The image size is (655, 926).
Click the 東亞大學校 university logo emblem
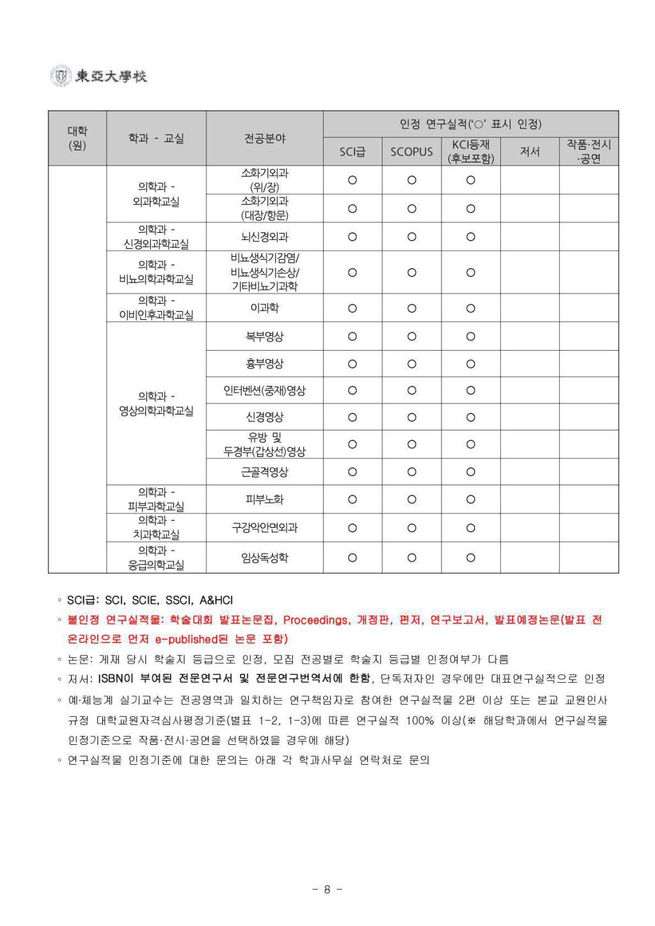point(61,76)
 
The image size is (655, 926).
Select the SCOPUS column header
point(411,152)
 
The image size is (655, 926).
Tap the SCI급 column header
point(352,152)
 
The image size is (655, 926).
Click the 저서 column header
point(530,152)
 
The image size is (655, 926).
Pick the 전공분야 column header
point(265,138)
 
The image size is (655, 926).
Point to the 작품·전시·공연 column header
point(588,152)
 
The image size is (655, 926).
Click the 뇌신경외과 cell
point(265,237)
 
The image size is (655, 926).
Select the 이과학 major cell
point(265,308)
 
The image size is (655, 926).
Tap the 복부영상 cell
point(265,336)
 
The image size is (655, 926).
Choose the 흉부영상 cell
point(265,363)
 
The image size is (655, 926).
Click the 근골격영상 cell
point(265,472)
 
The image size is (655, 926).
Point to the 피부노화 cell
point(265,499)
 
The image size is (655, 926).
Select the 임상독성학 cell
point(265,557)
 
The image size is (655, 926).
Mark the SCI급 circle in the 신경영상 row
point(352,417)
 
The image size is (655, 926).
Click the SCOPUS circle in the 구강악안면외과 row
point(411,528)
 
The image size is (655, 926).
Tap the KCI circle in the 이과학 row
point(471,308)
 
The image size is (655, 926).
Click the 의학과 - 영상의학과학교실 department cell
point(156,404)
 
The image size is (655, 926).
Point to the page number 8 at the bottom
point(327,889)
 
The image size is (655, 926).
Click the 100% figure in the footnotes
point(420,721)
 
